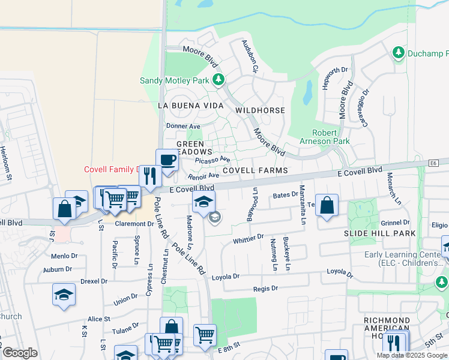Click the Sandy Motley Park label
(x=174, y=80)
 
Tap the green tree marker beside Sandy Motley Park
(x=219, y=79)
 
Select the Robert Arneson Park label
(x=322, y=137)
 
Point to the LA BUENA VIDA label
(x=190, y=106)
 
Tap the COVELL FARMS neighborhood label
(x=255, y=170)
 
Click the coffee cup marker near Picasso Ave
(x=167, y=160)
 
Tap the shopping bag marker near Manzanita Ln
(x=326, y=206)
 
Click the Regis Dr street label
(x=266, y=289)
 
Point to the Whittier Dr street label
(x=248, y=239)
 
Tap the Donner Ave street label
(x=183, y=127)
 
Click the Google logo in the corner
(x=20, y=353)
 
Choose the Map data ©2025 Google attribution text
(x=411, y=355)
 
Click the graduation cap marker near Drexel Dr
(x=64, y=295)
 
